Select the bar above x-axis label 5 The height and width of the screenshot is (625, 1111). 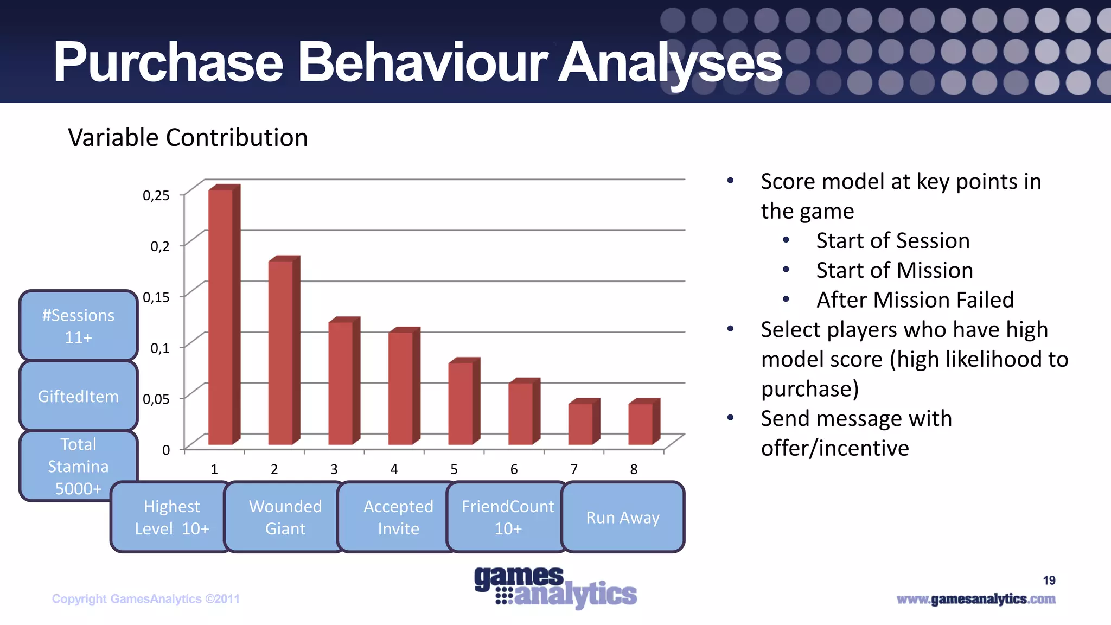click(461, 403)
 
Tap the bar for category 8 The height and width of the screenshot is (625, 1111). click(641, 424)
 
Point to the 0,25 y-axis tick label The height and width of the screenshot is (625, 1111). click(156, 195)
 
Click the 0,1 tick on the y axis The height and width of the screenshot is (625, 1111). click(160, 348)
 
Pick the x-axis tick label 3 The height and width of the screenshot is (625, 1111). click(334, 469)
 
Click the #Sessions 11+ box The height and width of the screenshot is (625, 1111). click(79, 326)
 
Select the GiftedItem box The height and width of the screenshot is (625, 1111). click(79, 396)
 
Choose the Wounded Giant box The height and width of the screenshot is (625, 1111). click(285, 517)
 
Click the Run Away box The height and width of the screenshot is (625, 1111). click(623, 517)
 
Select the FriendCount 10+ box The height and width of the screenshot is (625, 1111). click(508, 517)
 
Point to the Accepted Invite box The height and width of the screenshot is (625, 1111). click(398, 517)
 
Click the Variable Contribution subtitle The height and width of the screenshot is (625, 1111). click(188, 137)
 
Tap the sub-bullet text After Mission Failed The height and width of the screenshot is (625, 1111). click(915, 299)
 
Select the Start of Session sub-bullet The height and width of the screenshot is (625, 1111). click(893, 240)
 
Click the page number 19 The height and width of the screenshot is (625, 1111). click(1049, 581)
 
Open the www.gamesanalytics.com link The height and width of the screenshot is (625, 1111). click(976, 599)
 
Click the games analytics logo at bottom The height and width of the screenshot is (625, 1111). click(555, 587)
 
